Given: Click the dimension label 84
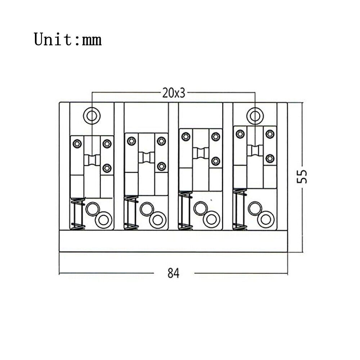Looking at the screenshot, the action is click(174, 273).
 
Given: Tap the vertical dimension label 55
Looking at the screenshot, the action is click(302, 176).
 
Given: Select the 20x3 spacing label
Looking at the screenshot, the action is click(174, 93).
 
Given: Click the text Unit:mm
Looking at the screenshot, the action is click(68, 40).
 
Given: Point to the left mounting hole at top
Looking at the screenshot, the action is click(91, 116).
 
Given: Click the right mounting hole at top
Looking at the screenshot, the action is click(255, 116).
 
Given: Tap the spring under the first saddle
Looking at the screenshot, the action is click(78, 213).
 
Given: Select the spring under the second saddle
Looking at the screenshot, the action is click(131, 213).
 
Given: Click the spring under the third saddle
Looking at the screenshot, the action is click(185, 210).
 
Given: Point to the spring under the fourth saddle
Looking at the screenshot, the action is click(240, 209).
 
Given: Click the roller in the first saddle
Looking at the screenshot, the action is click(92, 160).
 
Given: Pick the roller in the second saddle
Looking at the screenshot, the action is click(147, 158).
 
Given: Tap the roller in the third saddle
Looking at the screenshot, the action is click(201, 153).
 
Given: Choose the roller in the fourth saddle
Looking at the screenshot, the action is click(255, 150).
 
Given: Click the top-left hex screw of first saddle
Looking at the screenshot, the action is click(77, 144).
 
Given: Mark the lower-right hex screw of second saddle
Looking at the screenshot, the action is click(162, 166).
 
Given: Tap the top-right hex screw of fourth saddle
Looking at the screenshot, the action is click(270, 134).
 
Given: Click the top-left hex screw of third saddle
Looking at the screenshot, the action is click(186, 136).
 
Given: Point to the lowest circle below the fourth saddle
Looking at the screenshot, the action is click(266, 219).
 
